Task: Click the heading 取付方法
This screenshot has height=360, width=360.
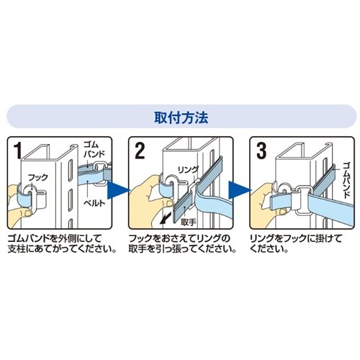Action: [181, 117]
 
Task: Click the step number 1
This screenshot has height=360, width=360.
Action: [17, 151]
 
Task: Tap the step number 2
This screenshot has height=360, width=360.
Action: [140, 151]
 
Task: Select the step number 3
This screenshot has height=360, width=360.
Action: [261, 151]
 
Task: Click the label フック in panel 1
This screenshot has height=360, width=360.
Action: [38, 178]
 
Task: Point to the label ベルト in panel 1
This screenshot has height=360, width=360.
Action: [94, 204]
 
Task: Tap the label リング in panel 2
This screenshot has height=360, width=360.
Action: [188, 169]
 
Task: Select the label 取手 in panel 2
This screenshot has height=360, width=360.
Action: [189, 222]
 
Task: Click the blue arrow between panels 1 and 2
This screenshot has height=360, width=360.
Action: [117, 190]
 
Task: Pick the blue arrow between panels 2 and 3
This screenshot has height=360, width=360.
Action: [238, 190]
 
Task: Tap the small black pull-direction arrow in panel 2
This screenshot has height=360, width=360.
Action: [165, 218]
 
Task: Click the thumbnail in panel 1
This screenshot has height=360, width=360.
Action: [28, 213]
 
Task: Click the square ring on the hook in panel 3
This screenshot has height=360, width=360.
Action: [303, 200]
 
